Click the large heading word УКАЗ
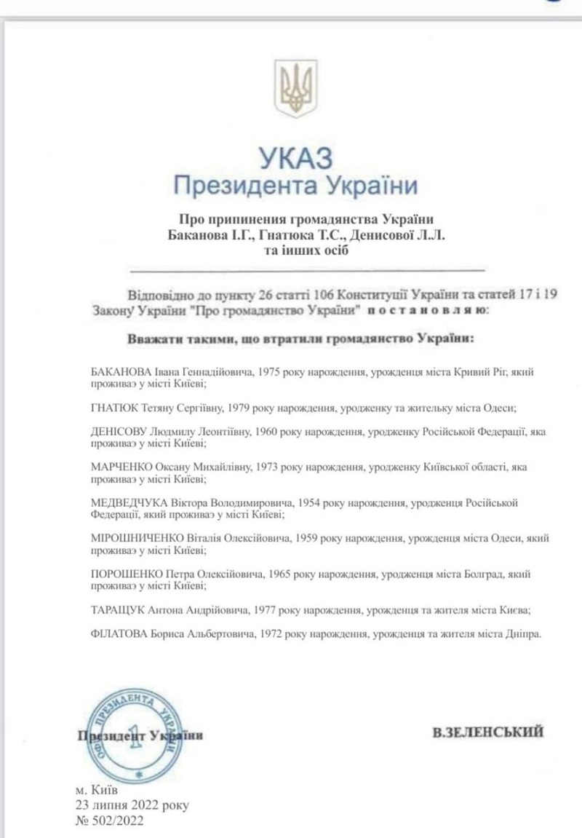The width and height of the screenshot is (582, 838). point(294,157)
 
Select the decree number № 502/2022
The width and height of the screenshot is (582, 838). point(109,821)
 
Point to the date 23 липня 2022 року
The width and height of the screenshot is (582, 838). point(132,805)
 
